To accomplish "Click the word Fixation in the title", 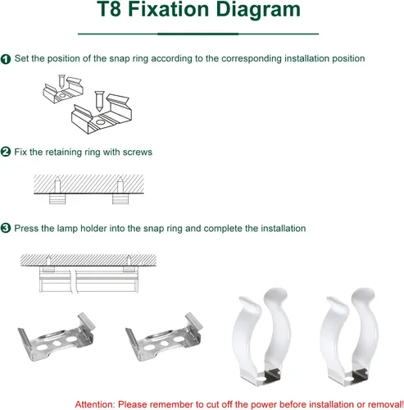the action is click(169, 9).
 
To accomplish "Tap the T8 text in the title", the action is click(109, 9).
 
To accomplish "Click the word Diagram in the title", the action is click(258, 11).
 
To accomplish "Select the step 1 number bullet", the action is click(6, 59).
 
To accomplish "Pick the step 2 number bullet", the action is click(6, 152).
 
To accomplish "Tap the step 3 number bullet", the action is click(6, 228).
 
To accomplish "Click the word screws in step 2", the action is click(138, 153).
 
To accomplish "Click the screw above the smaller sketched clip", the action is click(62, 81).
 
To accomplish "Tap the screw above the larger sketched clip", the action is click(99, 101).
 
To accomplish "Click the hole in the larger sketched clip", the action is click(101, 121).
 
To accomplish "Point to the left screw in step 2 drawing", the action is click(57, 185).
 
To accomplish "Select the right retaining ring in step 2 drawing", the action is click(120, 198).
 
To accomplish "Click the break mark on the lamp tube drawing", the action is click(73, 281).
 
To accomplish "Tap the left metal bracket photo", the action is click(56, 338).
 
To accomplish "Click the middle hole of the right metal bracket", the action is click(164, 344).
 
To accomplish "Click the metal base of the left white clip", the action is click(261, 376).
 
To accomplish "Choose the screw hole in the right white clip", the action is click(348, 379).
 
